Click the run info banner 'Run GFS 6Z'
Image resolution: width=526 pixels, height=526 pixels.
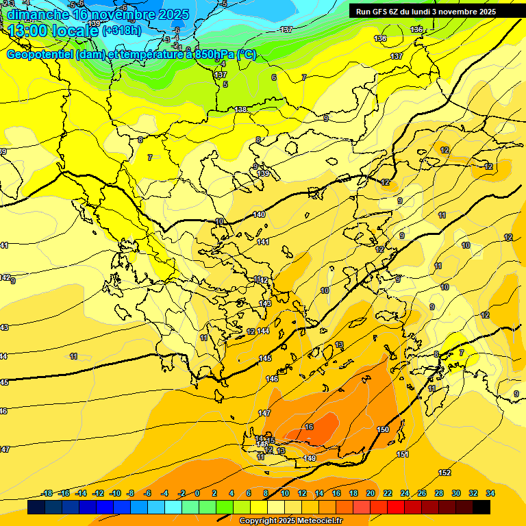coord(426,12)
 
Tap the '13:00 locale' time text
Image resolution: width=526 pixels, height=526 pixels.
coord(53,31)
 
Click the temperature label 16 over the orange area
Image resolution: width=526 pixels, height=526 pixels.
coord(309,427)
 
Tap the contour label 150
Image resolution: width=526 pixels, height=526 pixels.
coord(383,429)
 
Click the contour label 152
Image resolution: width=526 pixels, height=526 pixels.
coord(444,473)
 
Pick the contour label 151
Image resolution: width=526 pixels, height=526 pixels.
coord(403,454)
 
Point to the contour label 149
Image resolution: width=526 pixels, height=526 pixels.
coord(310,458)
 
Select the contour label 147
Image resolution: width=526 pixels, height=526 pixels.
coord(264,413)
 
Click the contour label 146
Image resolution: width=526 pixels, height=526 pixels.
coord(272,379)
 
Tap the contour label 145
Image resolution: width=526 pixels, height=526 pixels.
coord(265,359)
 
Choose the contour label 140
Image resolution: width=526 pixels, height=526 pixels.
coord(259,215)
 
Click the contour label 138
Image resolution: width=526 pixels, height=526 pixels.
coord(240,110)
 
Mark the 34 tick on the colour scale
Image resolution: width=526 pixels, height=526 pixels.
coord(490,493)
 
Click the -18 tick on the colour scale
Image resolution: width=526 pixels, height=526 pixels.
coord(47,493)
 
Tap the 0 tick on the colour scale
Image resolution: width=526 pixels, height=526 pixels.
coord(197,493)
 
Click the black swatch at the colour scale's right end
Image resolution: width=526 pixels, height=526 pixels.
coord(481,508)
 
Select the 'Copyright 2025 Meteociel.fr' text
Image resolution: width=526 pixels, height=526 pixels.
coord(290,521)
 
